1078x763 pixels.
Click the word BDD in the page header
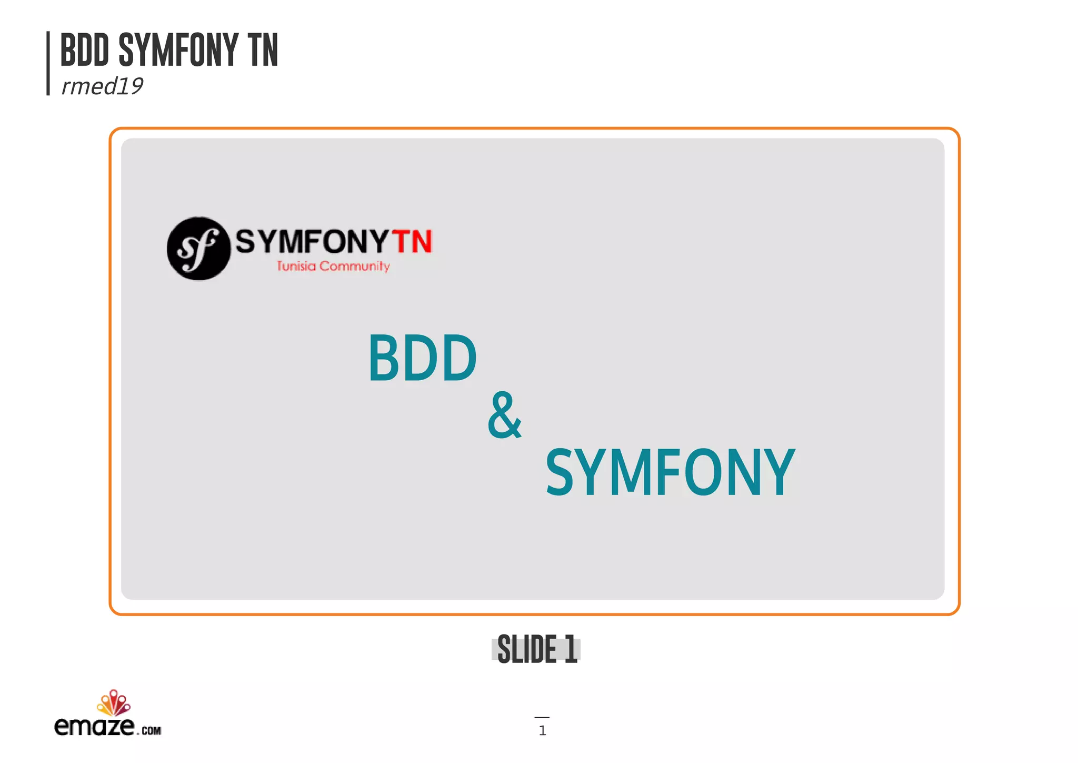coord(85,50)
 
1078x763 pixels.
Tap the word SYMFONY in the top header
coord(178,50)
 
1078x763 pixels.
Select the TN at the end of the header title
coord(263,50)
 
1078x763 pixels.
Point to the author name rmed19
coord(102,86)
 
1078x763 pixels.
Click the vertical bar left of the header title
coord(48,63)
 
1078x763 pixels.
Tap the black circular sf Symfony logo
coord(198,249)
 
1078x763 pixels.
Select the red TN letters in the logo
coord(413,242)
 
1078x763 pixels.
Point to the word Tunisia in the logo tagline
coord(296,266)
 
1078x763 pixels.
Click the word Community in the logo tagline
coord(354,266)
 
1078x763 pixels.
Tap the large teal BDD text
coord(422,359)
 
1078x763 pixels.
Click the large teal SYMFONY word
coord(670,472)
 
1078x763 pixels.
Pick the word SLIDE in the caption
coord(527,649)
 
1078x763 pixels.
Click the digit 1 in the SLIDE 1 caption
coord(570,649)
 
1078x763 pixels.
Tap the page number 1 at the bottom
coord(542,730)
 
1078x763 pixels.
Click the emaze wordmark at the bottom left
coord(94,726)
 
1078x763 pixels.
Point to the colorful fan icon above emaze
coord(113,702)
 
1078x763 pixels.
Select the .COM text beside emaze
coord(151,730)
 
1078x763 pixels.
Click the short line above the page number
coord(542,717)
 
